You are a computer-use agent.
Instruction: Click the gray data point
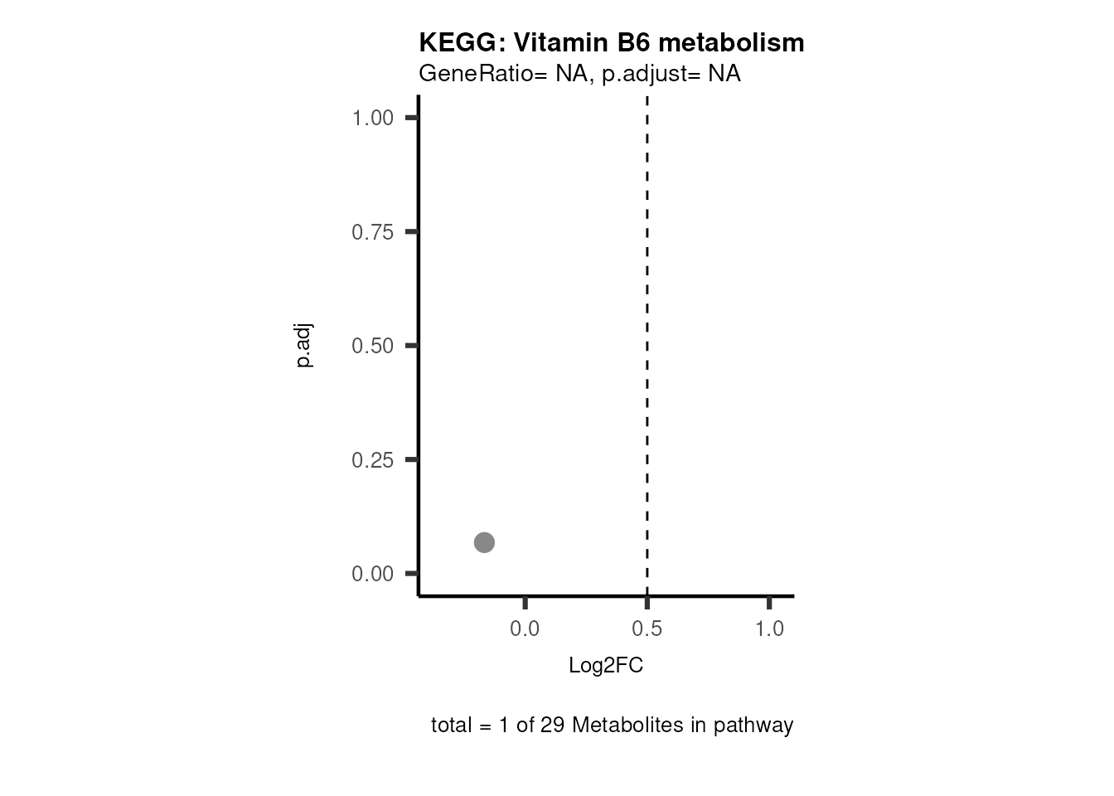click(x=484, y=542)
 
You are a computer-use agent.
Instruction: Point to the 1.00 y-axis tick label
click(x=372, y=118)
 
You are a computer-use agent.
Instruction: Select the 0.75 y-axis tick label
click(x=372, y=232)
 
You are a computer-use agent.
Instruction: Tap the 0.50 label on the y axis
click(x=372, y=346)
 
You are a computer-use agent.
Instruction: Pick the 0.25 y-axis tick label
click(x=372, y=460)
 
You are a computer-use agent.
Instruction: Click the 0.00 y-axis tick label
click(x=372, y=574)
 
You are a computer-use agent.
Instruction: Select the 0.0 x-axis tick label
click(x=525, y=629)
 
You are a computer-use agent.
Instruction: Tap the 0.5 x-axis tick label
click(x=647, y=629)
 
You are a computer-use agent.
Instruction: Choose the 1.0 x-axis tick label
click(x=769, y=629)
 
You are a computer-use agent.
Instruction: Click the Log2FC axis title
click(x=606, y=666)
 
